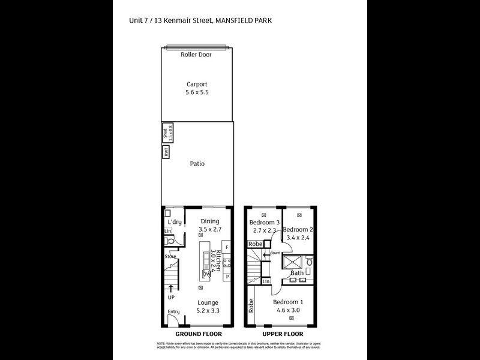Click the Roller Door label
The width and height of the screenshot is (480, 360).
[196, 55]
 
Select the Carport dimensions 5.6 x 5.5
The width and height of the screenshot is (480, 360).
[197, 93]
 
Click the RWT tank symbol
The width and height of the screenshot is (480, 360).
[166, 152]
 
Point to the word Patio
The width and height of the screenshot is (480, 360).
[197, 163]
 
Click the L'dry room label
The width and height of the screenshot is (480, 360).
[175, 222]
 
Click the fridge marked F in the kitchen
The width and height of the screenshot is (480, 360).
[227, 247]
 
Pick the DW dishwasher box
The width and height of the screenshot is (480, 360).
[206, 273]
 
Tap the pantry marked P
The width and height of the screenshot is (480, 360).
[227, 277]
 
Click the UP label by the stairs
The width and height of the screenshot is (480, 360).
[171, 297]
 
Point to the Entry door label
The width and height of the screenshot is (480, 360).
[173, 311]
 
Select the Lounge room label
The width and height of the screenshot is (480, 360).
[208, 302]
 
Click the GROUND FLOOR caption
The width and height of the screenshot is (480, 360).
[198, 334]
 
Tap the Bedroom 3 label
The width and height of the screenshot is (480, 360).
[263, 223]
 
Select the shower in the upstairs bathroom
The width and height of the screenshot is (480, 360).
[293, 262]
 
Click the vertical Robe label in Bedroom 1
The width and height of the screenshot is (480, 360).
[252, 305]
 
